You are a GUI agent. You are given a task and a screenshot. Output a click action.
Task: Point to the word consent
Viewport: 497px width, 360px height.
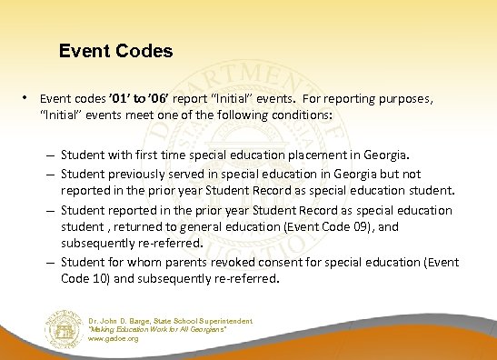point(278,263)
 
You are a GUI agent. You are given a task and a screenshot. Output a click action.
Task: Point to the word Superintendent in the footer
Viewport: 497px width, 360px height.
point(224,321)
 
